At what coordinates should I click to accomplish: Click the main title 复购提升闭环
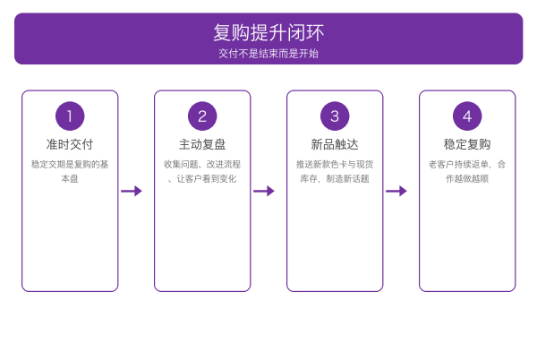[x=268, y=33]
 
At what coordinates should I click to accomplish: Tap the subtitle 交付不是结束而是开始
[x=268, y=54]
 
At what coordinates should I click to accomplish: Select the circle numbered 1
[x=70, y=116]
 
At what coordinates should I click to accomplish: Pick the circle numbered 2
[x=202, y=116]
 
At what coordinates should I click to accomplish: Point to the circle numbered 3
[x=335, y=116]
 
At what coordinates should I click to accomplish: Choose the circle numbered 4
[x=467, y=116]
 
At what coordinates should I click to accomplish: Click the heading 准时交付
[x=70, y=144]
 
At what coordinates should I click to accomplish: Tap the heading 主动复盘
[x=202, y=144]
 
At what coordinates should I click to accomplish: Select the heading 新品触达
[x=335, y=144]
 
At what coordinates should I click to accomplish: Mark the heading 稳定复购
[x=467, y=144]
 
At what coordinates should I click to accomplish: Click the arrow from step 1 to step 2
[x=132, y=191]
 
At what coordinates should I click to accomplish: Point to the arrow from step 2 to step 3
[x=264, y=191]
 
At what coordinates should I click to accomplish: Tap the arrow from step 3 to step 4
[x=396, y=191]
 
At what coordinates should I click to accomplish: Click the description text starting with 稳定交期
[x=70, y=171]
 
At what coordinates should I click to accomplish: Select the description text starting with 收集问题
[x=202, y=171]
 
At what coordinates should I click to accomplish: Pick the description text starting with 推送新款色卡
[x=335, y=171]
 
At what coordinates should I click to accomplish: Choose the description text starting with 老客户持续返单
[x=467, y=171]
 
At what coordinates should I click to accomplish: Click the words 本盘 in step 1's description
[x=70, y=179]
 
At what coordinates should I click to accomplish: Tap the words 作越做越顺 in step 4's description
[x=467, y=179]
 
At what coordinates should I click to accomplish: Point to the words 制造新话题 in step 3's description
[x=348, y=179]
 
